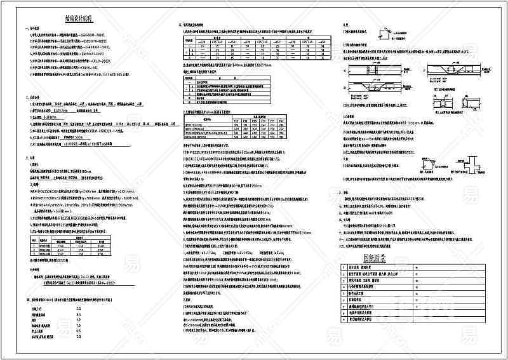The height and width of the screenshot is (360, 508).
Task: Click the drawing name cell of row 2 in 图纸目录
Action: pyautogui.click(x=375, y=275)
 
